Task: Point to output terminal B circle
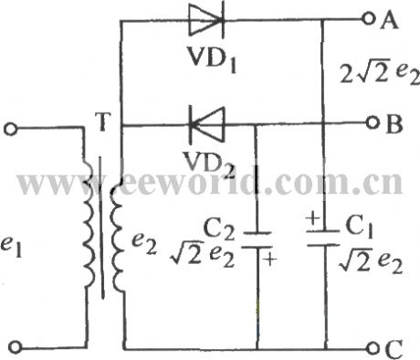370,123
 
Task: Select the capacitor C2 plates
257,239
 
